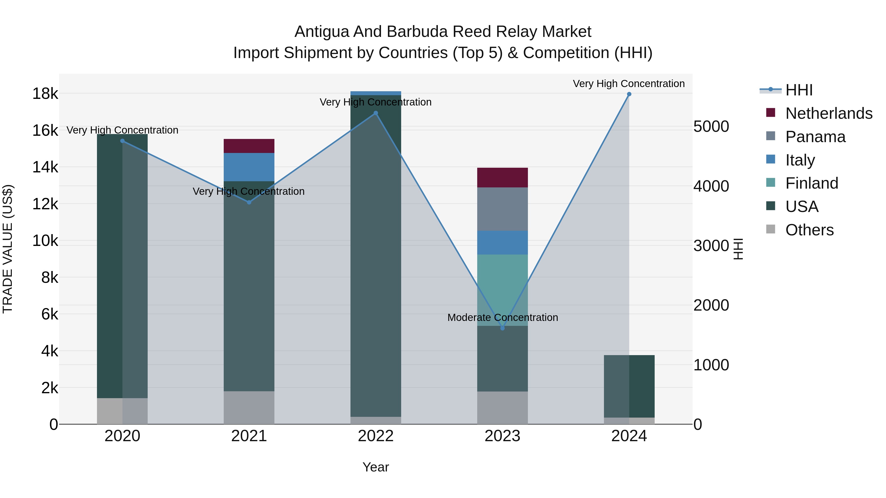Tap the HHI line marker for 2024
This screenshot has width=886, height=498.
pos(629,94)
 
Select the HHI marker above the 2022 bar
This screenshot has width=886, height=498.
pos(376,113)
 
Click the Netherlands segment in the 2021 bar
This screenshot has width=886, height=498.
pos(249,146)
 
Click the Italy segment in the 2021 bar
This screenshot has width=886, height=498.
pos(249,167)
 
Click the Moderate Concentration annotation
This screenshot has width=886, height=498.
pos(503,317)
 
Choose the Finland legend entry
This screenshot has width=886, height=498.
pos(812,183)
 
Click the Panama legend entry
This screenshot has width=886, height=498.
pos(815,137)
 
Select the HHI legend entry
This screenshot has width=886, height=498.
pos(799,90)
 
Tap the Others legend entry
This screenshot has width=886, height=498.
pos(809,230)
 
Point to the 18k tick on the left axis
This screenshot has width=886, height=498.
pos(45,93)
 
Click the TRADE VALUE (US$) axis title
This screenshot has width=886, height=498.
pos(8,249)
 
